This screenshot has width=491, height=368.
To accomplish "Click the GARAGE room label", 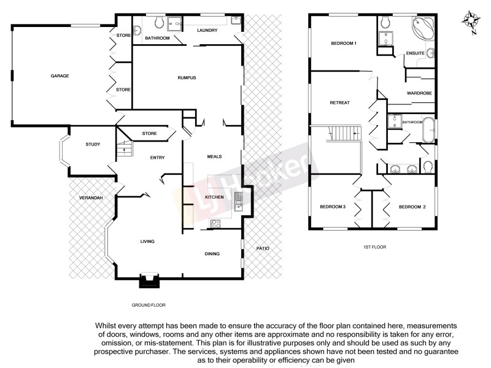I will (60, 76).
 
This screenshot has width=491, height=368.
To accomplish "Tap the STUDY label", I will (93, 144).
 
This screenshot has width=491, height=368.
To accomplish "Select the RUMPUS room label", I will (186, 77).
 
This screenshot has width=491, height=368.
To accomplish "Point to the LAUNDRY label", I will (207, 30).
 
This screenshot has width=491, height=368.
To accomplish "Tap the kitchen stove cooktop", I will (216, 223).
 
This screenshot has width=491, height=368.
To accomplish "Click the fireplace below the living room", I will (149, 280).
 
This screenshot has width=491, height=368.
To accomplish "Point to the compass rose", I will (471, 18).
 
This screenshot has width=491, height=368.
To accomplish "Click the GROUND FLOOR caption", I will (149, 305).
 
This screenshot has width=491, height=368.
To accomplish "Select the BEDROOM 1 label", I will (344, 44).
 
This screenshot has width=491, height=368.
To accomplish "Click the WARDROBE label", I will (419, 93).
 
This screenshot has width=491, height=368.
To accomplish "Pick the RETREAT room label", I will (339, 102).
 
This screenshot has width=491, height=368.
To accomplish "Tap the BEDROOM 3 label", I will (333, 207).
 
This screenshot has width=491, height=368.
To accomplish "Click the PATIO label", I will (262, 248).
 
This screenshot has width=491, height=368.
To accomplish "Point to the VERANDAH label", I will (90, 198).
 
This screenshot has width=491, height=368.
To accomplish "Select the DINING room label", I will (212, 253).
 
